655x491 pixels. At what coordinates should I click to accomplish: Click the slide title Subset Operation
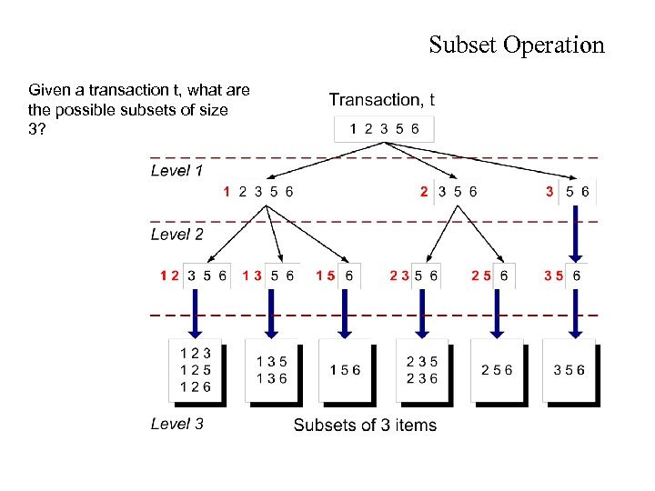point(516,45)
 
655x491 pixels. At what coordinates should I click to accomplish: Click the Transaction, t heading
point(381,100)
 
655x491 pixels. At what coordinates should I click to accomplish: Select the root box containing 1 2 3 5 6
point(384,129)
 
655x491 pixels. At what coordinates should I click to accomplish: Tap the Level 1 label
point(176,171)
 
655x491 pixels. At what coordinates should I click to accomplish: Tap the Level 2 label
point(176,235)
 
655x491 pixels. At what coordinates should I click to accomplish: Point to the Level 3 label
point(176,424)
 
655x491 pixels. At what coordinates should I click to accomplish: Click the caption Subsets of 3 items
point(365,425)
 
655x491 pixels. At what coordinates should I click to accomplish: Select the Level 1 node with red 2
point(448,192)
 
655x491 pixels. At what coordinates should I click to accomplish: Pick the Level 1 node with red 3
point(567,192)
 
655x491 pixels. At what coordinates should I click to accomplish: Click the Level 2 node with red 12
point(193,275)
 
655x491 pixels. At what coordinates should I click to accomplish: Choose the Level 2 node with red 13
point(268,275)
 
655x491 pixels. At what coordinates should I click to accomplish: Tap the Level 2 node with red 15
point(336,275)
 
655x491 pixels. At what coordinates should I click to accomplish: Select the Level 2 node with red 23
point(414,275)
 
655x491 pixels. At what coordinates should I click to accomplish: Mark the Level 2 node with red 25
point(490,275)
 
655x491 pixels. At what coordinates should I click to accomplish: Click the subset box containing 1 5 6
point(345,370)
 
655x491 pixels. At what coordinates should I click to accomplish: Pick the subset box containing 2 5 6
point(497,370)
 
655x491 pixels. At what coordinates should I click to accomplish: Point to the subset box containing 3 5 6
point(569,370)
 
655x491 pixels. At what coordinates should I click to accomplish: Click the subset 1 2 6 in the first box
point(195,386)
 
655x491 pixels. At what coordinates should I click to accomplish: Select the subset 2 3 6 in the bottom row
point(422,378)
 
